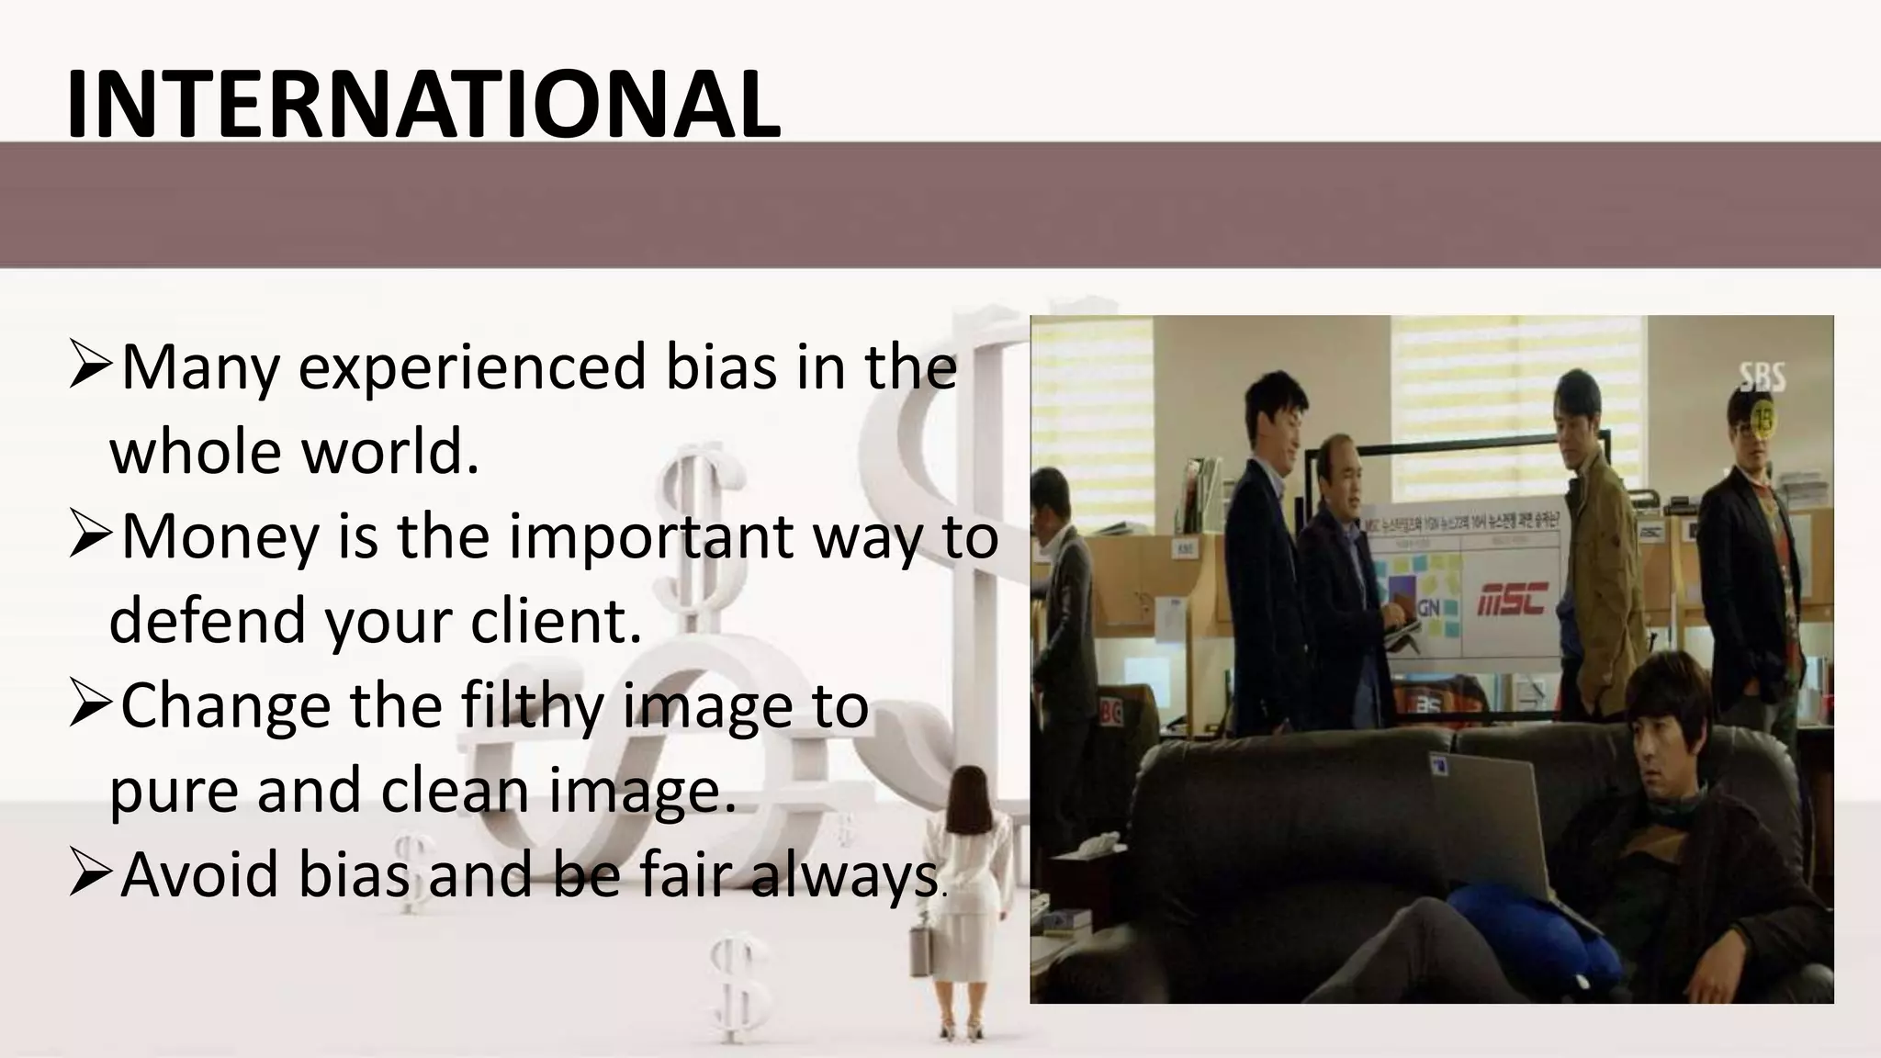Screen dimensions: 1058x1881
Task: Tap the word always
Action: (x=843, y=874)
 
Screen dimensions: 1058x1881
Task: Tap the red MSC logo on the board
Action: (x=1512, y=600)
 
